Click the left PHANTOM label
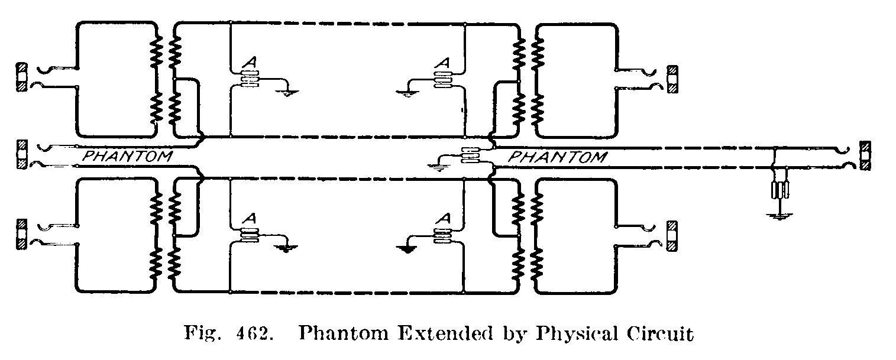click(126, 157)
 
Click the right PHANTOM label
click(557, 157)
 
